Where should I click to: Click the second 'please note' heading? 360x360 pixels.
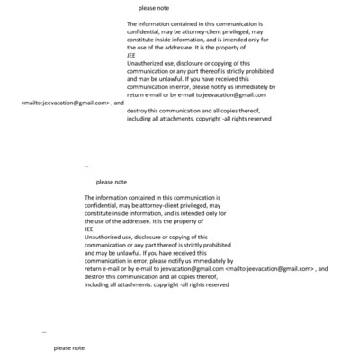pos(111,182)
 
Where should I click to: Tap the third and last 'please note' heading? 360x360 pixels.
pos(69,347)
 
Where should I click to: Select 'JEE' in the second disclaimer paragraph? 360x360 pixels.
pos(88,229)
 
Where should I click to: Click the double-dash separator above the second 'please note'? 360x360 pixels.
pos(86,166)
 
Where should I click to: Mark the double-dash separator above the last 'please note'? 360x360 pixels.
pos(44,332)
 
